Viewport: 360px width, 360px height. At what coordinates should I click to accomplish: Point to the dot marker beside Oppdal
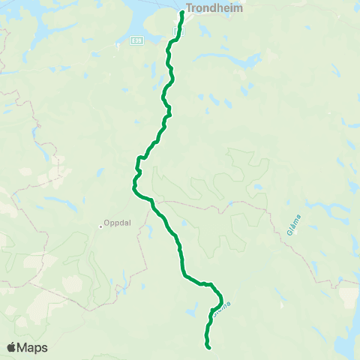(100, 224)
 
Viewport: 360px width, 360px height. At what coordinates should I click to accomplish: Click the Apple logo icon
(12, 347)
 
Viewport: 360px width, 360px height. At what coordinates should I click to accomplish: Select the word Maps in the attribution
(33, 347)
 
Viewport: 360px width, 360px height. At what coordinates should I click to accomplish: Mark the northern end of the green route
(182, 12)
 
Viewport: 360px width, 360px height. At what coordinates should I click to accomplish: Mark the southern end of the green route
(208, 346)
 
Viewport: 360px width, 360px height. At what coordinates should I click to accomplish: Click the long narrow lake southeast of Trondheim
(244, 60)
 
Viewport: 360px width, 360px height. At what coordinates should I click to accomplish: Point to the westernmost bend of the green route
(133, 188)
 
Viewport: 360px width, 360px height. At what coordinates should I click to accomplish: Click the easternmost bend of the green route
(223, 299)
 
